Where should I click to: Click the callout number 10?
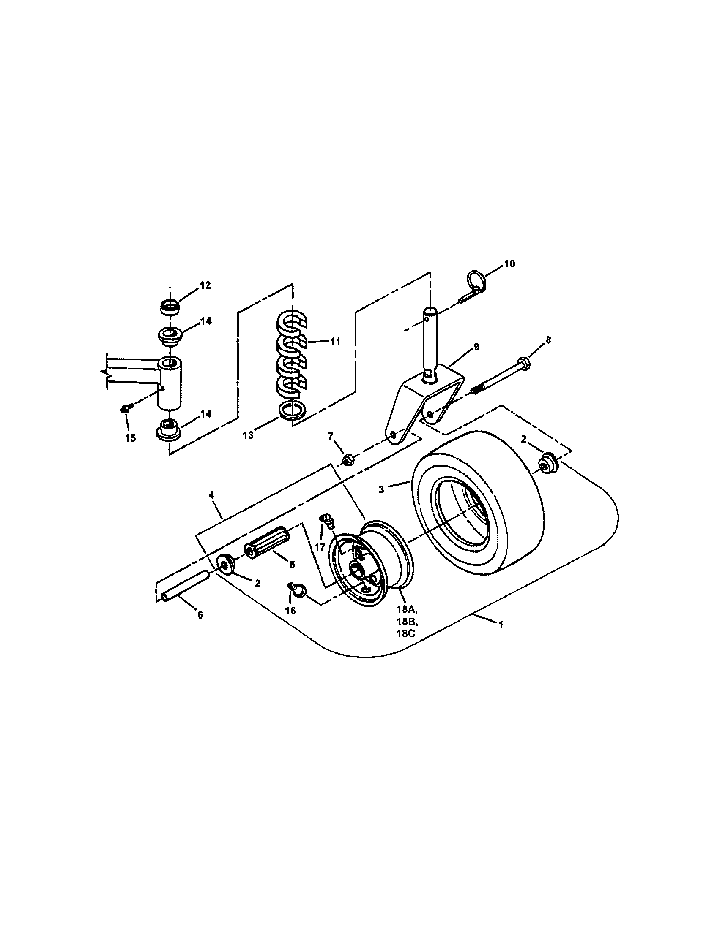click(509, 264)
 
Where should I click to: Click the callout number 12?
click(205, 285)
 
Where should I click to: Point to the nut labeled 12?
click(170, 307)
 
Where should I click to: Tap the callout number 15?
click(131, 438)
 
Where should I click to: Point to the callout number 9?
click(476, 347)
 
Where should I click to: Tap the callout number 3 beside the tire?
click(381, 489)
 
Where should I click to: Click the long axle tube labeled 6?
click(186, 585)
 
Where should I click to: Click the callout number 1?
click(501, 625)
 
